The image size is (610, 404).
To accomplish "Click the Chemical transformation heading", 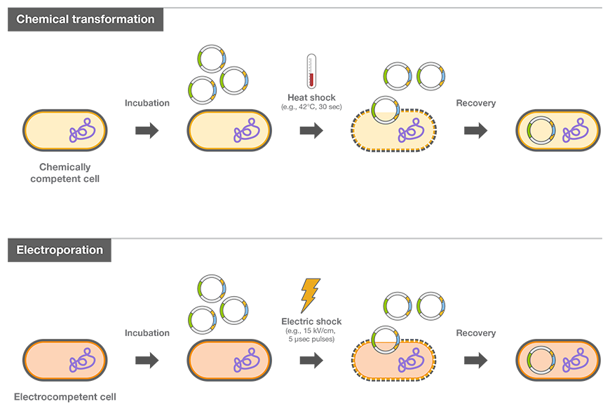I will click(85, 20).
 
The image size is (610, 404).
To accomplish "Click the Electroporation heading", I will click(60, 250).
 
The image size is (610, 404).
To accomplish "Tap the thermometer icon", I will click(311, 71).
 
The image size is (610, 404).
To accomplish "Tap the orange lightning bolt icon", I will click(310, 295).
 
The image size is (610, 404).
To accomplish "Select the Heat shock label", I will click(311, 97).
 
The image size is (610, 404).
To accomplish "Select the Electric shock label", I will click(311, 321).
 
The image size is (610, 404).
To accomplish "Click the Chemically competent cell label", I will click(65, 173).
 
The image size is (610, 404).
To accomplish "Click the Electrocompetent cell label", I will click(65, 397).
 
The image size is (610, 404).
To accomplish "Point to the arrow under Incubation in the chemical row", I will click(147, 131).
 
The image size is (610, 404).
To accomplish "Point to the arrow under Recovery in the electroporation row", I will click(475, 361).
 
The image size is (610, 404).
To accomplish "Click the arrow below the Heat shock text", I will click(311, 131).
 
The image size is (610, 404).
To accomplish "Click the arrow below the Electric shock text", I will click(311, 361).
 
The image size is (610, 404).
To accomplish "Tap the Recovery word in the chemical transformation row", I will click(475, 103).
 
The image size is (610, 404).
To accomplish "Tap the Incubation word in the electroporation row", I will click(147, 333).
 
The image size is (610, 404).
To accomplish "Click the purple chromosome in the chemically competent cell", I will click(81, 131).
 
